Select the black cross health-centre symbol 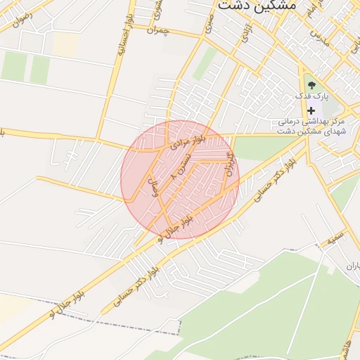point(311,110)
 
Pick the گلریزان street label point(227,162)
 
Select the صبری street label point(209,28)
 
